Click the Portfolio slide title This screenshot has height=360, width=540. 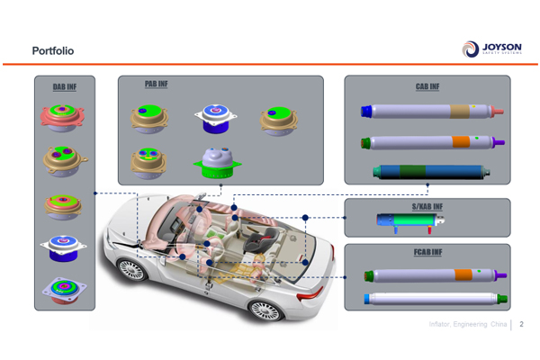click(x=52, y=50)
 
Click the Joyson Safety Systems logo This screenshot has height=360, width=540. click(x=491, y=49)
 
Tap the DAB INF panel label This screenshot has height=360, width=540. click(x=64, y=87)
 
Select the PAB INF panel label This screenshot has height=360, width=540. click(x=156, y=84)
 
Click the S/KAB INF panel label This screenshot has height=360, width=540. click(x=427, y=207)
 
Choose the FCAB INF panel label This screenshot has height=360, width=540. click(x=427, y=252)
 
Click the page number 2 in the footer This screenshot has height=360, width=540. click(x=522, y=323)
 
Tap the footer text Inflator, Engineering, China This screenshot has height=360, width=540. click(x=466, y=323)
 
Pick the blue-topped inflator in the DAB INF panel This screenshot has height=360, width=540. click(x=64, y=247)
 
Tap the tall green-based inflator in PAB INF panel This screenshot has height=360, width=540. click(x=215, y=161)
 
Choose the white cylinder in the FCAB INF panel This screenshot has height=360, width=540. click(x=428, y=299)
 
